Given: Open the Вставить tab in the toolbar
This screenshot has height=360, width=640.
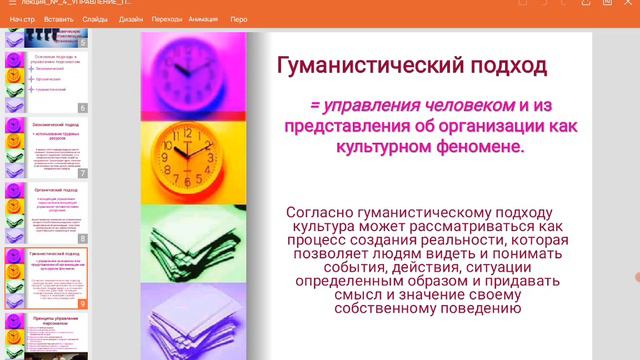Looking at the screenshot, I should pos(59,18).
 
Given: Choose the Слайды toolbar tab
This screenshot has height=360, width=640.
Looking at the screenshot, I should pos(95,18).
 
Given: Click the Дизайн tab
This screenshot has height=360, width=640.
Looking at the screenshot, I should pos(130,18).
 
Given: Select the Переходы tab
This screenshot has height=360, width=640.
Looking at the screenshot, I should pos(167,18).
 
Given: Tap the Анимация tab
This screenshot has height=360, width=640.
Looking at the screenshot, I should pos(203,18).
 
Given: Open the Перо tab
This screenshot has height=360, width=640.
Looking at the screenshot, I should pos(238,18).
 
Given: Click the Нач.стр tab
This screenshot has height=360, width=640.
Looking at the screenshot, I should pos(23,18).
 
